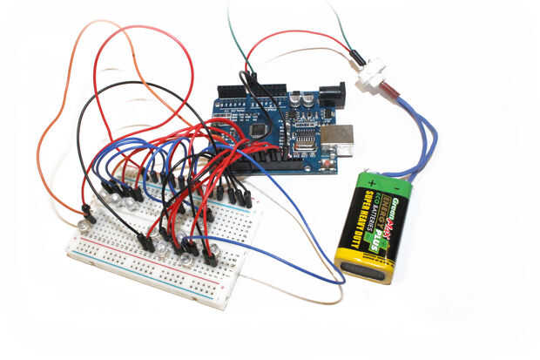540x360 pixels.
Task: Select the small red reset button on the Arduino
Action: coord(328,162)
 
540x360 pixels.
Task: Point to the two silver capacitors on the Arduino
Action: coord(304,103)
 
